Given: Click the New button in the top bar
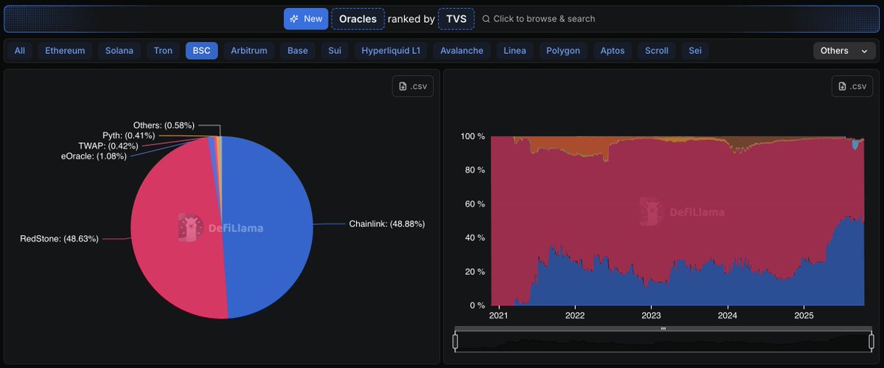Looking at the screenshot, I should (306, 18).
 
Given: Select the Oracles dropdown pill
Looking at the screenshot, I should (358, 18).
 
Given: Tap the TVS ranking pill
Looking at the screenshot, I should (456, 18).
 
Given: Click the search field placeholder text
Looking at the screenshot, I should (543, 18).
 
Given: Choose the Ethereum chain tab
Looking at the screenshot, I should (65, 51).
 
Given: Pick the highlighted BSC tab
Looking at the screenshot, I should (201, 51).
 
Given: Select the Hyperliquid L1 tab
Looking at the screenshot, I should (390, 51).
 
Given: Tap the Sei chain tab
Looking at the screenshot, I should (695, 51).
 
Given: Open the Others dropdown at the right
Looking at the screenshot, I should (843, 51).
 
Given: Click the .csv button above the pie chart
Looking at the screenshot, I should (413, 86).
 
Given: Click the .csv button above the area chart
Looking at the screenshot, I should (852, 86).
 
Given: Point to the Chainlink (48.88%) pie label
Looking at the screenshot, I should (386, 223).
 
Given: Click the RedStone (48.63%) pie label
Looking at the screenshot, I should (59, 238).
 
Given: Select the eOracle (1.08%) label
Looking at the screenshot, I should (94, 156).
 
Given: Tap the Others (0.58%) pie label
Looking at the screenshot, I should (164, 125).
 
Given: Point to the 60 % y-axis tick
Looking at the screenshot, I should (472, 204).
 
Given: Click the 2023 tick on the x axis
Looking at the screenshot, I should (651, 316).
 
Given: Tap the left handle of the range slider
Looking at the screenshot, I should (455, 341).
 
